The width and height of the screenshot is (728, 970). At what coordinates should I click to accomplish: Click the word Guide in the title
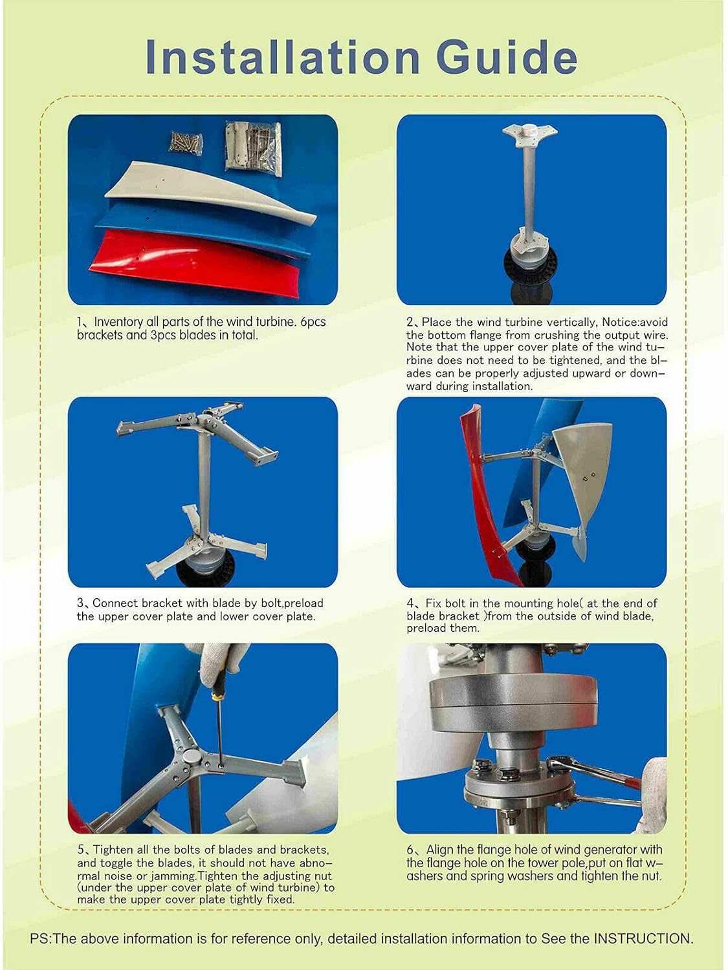click(x=507, y=58)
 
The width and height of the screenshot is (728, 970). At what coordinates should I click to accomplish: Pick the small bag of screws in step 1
click(x=186, y=142)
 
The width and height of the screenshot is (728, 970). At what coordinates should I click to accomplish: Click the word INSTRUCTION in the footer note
click(x=643, y=939)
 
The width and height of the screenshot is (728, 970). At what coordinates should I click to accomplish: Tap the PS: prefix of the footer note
click(x=41, y=939)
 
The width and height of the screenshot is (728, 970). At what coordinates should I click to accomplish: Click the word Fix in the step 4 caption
click(x=434, y=603)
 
